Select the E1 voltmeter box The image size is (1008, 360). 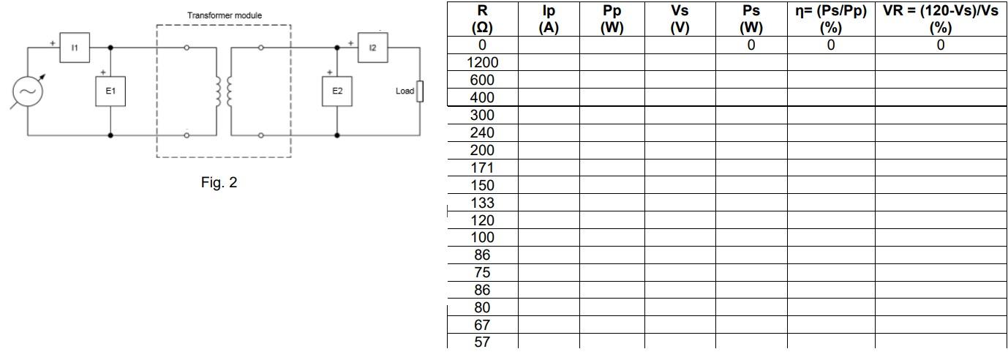[110, 91]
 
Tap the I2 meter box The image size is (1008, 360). [372, 48]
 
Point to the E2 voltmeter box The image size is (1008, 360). [337, 91]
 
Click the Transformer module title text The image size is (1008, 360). [224, 15]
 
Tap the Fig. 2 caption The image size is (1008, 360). [219, 183]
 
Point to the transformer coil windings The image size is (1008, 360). [224, 91]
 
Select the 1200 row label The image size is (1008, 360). [482, 62]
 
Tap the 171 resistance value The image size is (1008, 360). [482, 168]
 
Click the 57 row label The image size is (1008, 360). [482, 342]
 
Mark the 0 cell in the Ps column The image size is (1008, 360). [751, 45]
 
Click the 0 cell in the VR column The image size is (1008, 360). [940, 45]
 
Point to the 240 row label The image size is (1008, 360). [482, 132]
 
